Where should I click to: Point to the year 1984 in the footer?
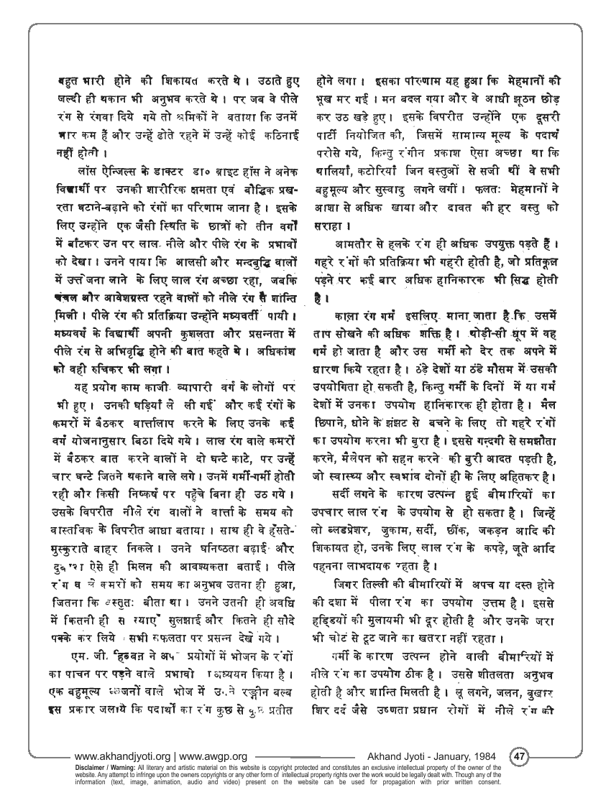(x=489, y=756)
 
